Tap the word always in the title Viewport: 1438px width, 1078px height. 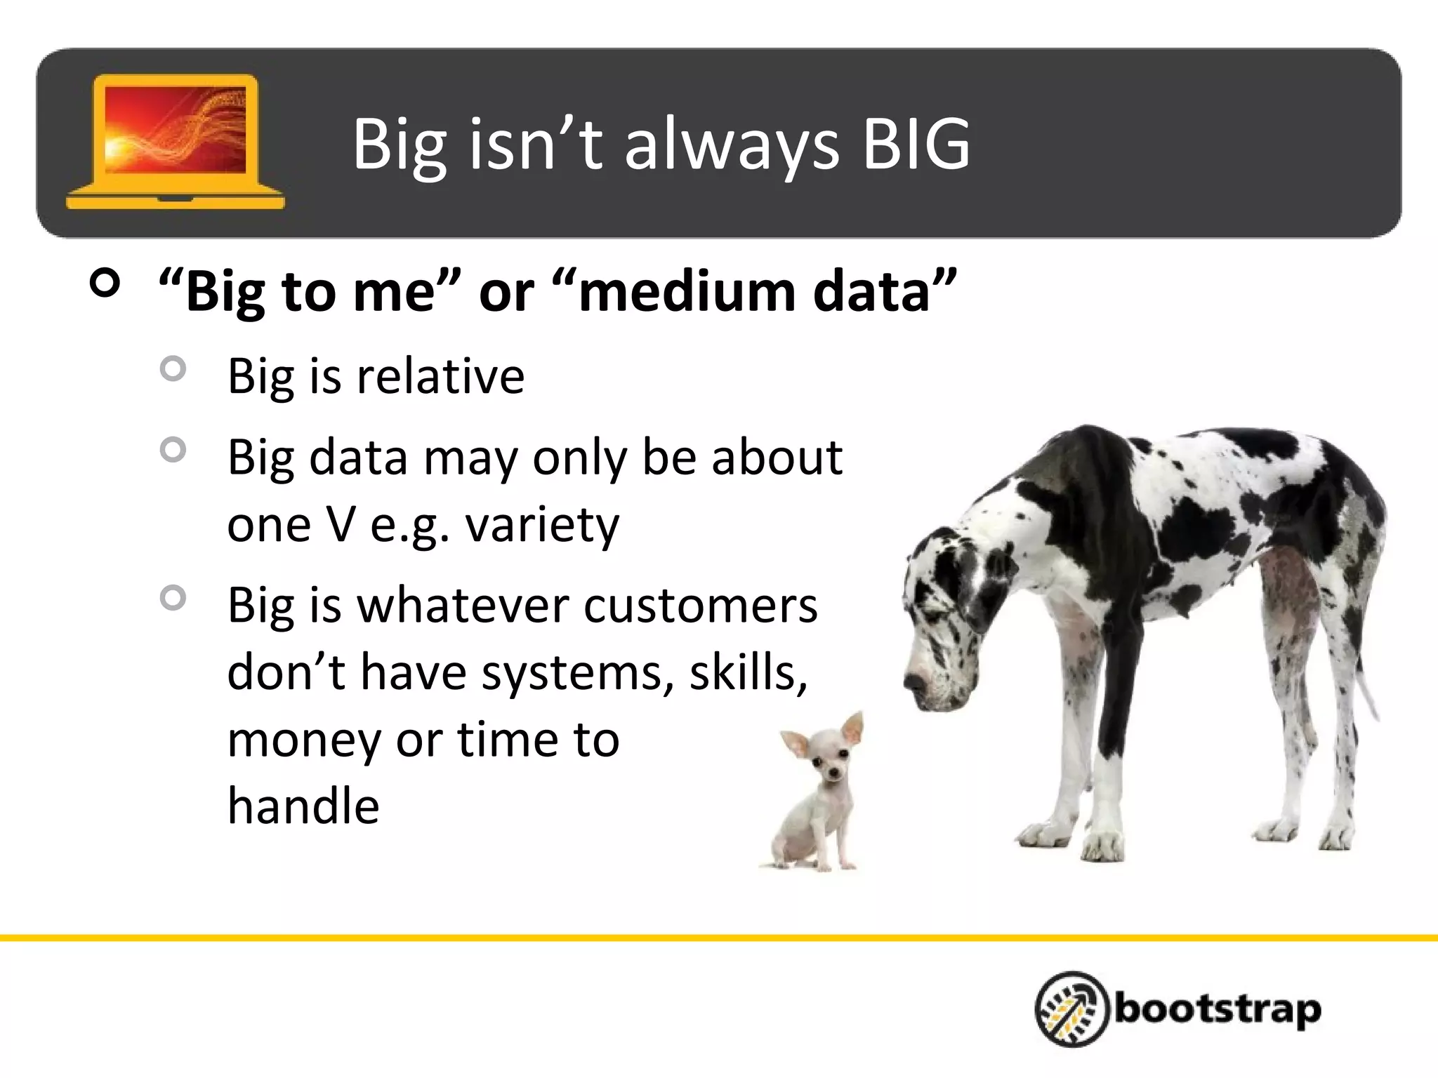[731, 147]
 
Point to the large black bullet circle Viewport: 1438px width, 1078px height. [105, 284]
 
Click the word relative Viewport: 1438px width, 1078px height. [440, 377]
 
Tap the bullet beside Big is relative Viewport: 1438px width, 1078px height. [173, 368]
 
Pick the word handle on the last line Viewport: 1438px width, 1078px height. [303, 806]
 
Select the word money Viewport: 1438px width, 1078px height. [304, 741]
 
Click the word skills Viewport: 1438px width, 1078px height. [748, 672]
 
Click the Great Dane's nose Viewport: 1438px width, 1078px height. [913, 681]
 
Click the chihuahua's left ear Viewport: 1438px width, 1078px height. [796, 743]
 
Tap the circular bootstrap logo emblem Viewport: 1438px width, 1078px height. [1071, 1009]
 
